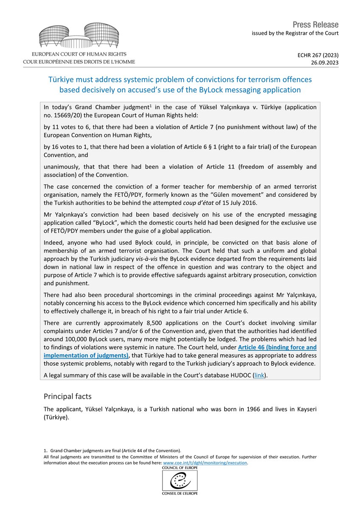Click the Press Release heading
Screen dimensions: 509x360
coord(315,25)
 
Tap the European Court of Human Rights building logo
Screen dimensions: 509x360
coord(79,36)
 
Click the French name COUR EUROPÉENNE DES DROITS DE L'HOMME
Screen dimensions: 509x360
coord(79,62)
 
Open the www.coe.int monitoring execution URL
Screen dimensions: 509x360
coord(205,463)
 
